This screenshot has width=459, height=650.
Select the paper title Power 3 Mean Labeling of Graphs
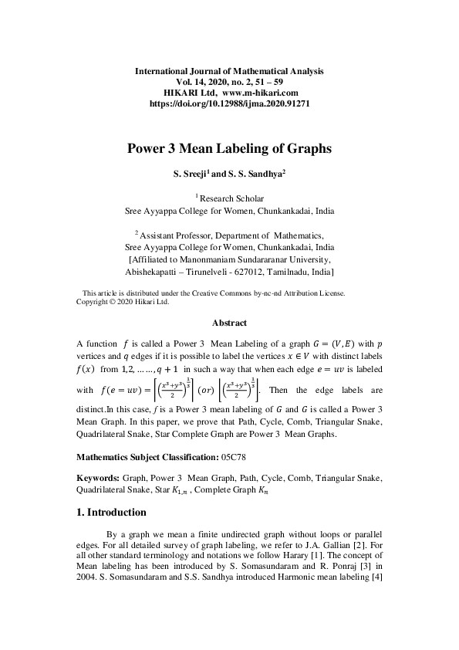[229, 150]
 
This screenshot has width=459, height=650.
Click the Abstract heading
[229, 323]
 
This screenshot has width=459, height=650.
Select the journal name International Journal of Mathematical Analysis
[229, 70]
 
